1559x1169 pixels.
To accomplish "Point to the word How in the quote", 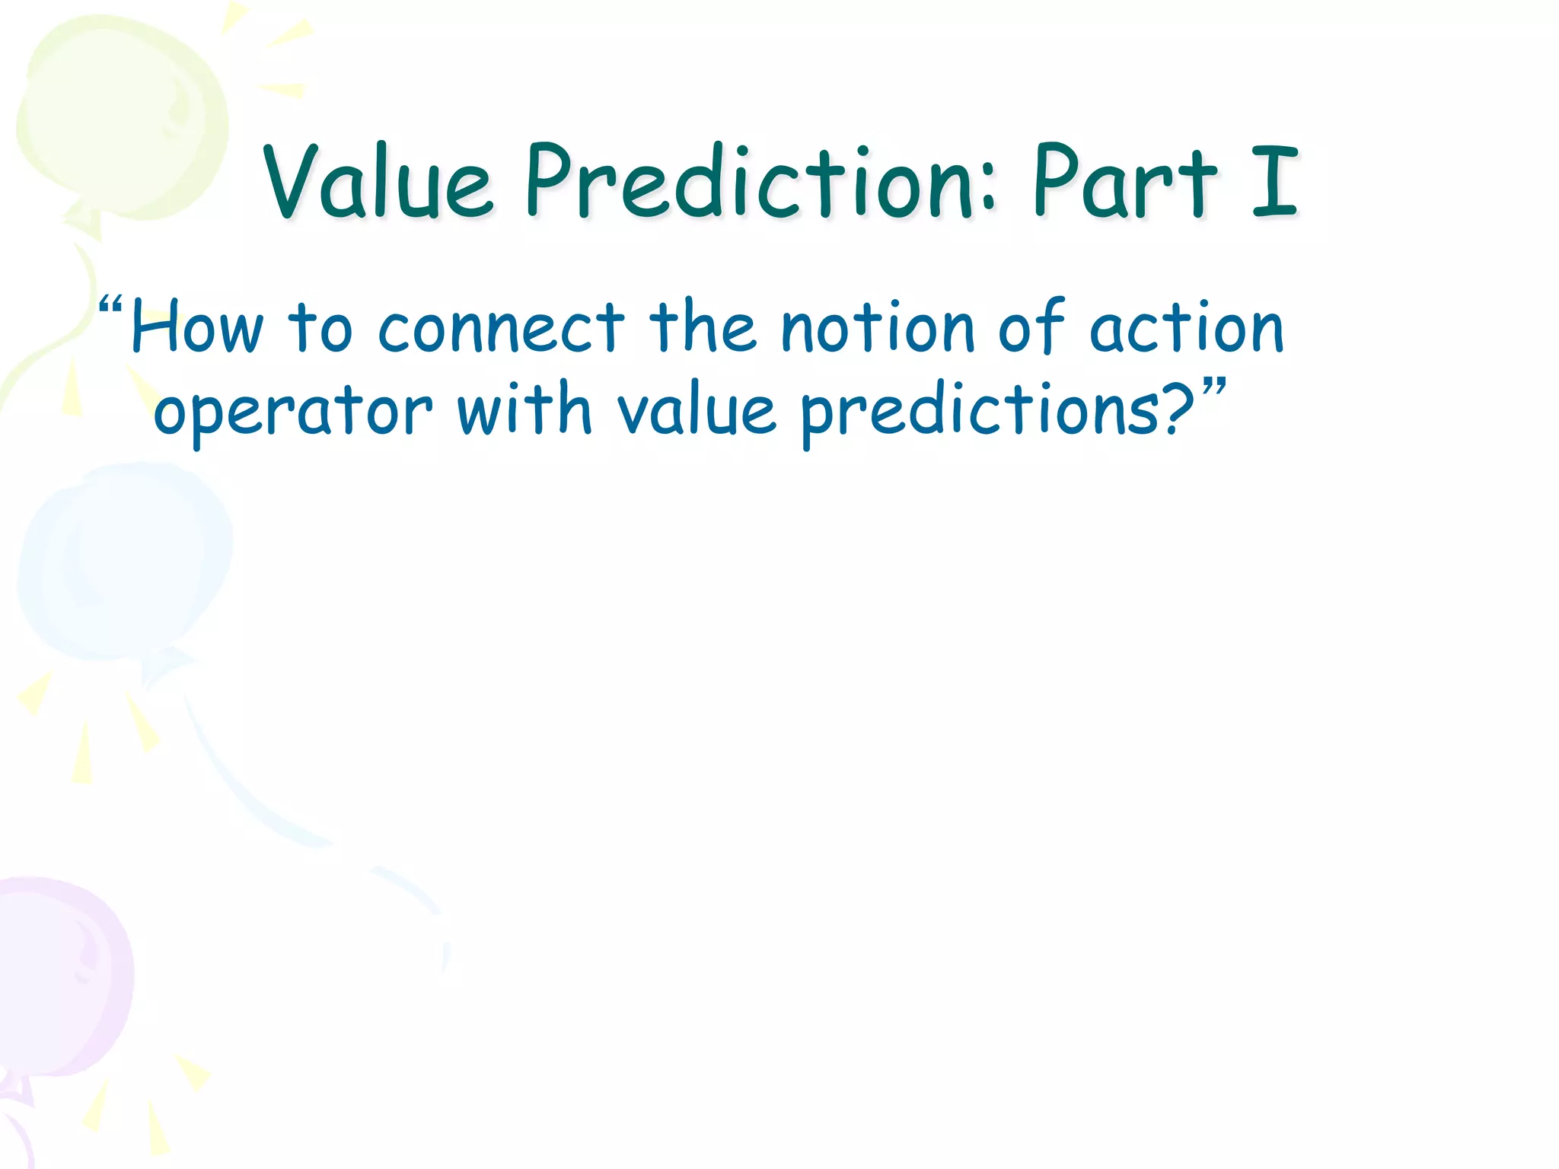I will pyautogui.click(x=197, y=327).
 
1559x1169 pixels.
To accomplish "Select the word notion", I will pyautogui.click(x=878, y=327).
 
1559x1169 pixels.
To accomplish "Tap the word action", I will pyautogui.click(x=1187, y=327).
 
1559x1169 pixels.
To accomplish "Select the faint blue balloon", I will pyautogui.click(x=126, y=563).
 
